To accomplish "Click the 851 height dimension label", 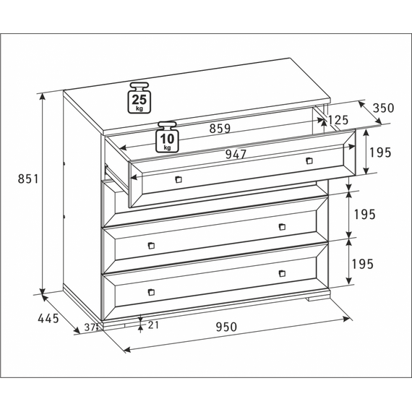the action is click(28, 179).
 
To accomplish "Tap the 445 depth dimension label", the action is click(48, 319).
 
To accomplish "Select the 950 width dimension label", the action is click(226, 327).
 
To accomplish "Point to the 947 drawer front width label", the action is click(236, 154).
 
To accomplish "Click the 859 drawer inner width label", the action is click(220, 129).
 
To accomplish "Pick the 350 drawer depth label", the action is click(384, 108).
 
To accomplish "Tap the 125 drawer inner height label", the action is click(338, 120).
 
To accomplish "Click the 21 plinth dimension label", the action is click(153, 325).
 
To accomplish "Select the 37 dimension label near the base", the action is click(90, 327).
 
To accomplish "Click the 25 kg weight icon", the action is click(140, 98).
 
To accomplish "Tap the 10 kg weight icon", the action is click(167, 137).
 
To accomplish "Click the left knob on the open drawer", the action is click(179, 179).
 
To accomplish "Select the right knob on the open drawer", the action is click(309, 160).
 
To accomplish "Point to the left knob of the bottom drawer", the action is click(151, 292).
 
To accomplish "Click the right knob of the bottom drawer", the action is click(282, 273).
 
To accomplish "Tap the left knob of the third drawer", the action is click(151, 246).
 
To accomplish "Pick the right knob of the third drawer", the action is click(282, 227).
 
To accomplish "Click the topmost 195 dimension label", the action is click(380, 153).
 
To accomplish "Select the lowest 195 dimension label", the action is click(363, 264).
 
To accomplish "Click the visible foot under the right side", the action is click(319, 299).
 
